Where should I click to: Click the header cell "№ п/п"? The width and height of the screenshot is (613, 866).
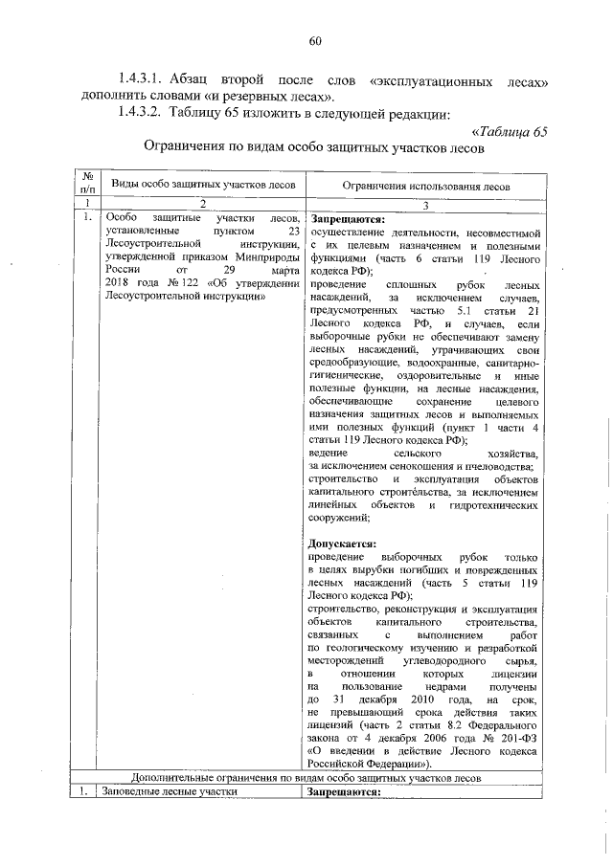(86, 183)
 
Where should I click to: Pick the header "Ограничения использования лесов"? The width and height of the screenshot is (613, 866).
(426, 185)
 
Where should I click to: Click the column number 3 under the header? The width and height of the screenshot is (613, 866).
(426, 204)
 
